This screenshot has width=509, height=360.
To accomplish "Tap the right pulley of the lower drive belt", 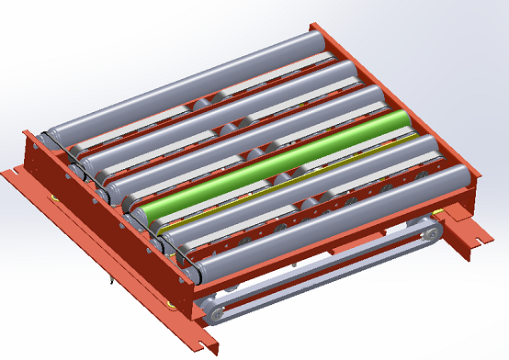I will tap(425, 235).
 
